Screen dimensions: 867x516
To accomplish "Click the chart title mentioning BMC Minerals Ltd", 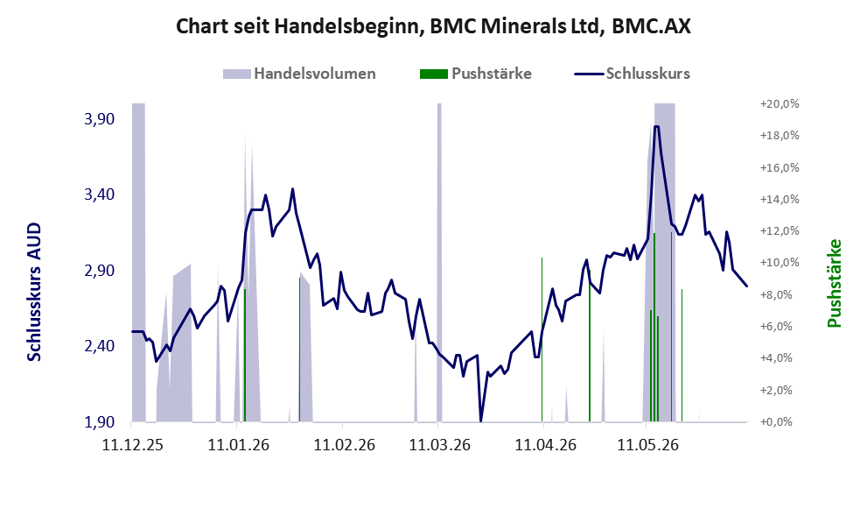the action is coord(433,26).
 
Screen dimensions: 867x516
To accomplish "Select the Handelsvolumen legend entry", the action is coord(299,74).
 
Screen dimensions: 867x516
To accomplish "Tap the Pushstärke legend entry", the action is coord(476,74).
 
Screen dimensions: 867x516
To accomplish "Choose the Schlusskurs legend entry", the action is coord(632,74).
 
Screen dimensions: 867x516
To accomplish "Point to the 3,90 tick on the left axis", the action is coord(100,119).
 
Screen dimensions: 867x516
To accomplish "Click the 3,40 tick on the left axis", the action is coord(100,194).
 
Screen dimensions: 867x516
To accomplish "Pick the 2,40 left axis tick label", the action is coord(100,346).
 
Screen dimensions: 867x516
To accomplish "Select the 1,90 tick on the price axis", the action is coord(100,422).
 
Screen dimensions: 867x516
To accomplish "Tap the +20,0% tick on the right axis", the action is coord(780,104).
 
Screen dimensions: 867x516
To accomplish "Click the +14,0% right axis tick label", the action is coord(780,200).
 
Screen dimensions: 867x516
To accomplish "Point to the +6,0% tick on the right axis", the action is coord(780,327).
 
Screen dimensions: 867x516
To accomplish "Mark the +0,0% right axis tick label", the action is coord(780,422).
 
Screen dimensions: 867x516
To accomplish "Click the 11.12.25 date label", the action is coord(133,444).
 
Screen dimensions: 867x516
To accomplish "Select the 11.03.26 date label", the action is coord(439,444).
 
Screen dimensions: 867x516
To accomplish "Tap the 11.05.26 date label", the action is coord(647,444).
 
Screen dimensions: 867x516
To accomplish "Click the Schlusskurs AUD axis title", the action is coord(34,292).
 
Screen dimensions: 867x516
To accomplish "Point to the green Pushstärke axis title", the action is coord(835,283).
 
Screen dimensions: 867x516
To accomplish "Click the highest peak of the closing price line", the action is coord(656,126).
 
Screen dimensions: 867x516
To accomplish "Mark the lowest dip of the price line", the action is coord(480,421).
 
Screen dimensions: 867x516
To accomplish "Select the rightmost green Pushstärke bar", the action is coord(682,355).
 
